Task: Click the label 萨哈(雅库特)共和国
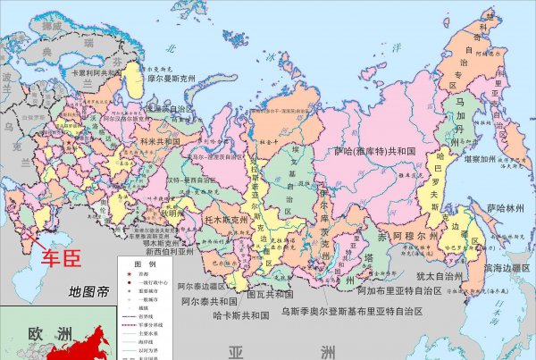[x=375, y=152]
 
